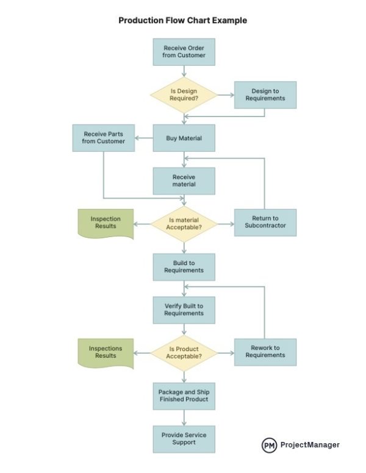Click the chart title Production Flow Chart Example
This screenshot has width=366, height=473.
[183, 20]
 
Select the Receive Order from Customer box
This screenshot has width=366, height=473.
[184, 52]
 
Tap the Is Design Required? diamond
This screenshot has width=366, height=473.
[184, 95]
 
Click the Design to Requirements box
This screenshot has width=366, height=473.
[265, 95]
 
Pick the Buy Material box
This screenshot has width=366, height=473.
[184, 138]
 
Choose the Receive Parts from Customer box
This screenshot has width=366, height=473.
[104, 138]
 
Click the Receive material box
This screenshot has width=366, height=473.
[184, 180]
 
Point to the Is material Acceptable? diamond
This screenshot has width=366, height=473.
[184, 223]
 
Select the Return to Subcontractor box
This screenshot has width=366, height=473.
[265, 223]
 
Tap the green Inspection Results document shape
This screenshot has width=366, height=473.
[106, 223]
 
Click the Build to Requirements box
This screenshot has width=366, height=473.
[184, 266]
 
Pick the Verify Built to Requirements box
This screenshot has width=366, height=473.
[184, 310]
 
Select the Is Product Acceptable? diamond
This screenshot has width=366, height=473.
[184, 352]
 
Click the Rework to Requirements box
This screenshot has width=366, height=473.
[265, 352]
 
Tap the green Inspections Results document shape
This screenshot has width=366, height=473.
[106, 352]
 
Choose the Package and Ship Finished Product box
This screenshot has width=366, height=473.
[184, 395]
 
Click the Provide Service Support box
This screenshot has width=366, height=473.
[184, 438]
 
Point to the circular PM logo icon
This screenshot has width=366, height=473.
[269, 445]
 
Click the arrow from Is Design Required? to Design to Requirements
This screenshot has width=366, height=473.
[224, 95]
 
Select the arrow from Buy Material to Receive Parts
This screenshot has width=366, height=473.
[144, 138]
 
